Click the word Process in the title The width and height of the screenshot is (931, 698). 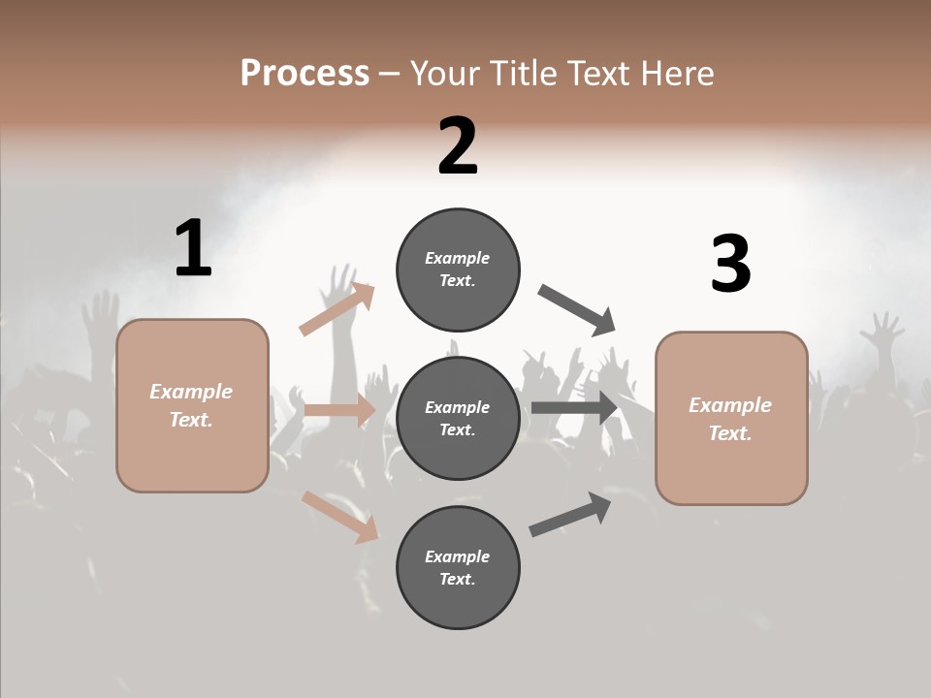click(x=305, y=74)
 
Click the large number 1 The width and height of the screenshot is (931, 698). click(x=193, y=249)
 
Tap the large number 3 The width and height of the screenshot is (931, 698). click(x=730, y=265)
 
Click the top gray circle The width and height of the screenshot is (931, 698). click(x=458, y=270)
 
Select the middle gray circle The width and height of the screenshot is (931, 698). click(x=458, y=419)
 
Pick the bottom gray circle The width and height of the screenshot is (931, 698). click(x=458, y=568)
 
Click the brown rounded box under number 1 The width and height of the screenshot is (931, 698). click(x=192, y=405)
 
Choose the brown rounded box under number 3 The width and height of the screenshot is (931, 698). click(x=731, y=419)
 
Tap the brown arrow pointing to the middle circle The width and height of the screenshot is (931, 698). click(x=339, y=410)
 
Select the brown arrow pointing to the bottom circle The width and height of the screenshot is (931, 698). click(x=339, y=517)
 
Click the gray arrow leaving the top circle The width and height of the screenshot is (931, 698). click(x=576, y=310)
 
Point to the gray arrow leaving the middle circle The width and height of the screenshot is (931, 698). click(x=574, y=407)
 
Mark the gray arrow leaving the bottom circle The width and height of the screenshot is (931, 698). click(x=570, y=514)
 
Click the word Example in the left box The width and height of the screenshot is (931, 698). click(x=191, y=392)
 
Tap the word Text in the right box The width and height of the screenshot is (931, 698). click(x=729, y=433)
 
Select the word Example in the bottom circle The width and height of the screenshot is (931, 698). click(x=457, y=556)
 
